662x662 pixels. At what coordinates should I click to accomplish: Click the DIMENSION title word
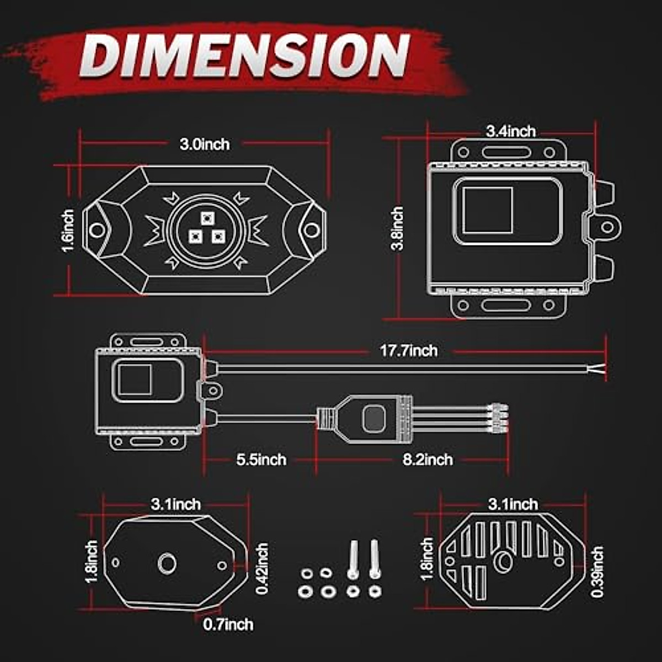pyautogui.click(x=244, y=56)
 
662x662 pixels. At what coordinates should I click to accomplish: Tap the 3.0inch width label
pyautogui.click(x=205, y=145)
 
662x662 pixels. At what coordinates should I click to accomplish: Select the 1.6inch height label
pyautogui.click(x=68, y=231)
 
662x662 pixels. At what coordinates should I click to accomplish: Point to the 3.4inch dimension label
pyautogui.click(x=511, y=132)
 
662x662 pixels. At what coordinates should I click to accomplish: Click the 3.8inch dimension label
pyautogui.click(x=397, y=228)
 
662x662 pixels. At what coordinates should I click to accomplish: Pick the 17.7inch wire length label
pyautogui.click(x=409, y=351)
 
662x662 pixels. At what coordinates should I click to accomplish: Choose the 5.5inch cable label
pyautogui.click(x=261, y=460)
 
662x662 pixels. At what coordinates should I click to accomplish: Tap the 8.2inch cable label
pyautogui.click(x=428, y=460)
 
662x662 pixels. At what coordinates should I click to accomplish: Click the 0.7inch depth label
pyautogui.click(x=228, y=624)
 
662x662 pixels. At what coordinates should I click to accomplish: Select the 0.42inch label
pyautogui.click(x=262, y=568)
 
